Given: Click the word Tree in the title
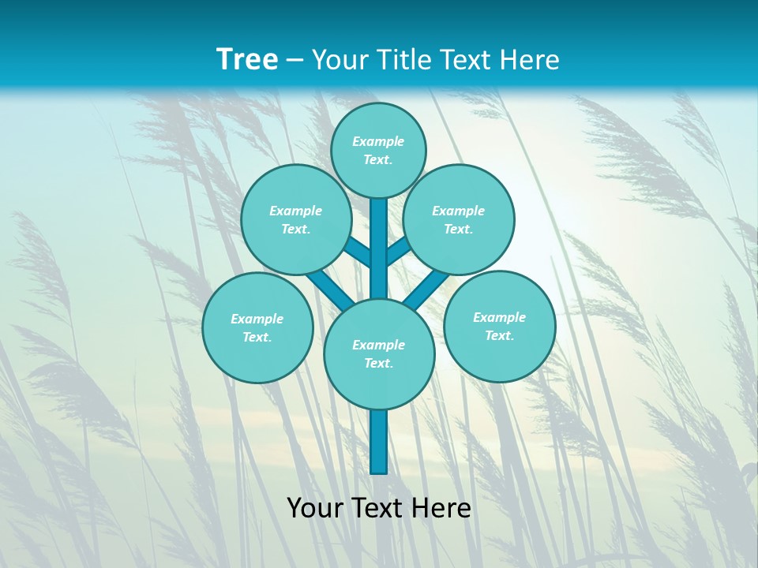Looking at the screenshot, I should (x=247, y=60).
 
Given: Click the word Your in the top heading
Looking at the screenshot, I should (x=338, y=60).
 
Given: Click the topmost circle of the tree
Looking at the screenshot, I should (x=378, y=150).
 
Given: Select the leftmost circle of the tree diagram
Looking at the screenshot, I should (x=257, y=327).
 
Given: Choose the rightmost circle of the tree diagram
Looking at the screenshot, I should (x=499, y=327).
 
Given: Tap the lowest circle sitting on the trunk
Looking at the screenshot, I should (x=379, y=354).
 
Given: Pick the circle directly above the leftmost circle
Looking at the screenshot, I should (x=296, y=219).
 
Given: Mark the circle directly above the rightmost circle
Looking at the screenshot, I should (x=459, y=219).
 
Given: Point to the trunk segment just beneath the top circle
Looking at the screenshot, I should (x=379, y=237).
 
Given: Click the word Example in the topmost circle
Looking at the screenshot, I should (x=378, y=141).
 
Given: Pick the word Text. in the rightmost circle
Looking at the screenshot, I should (x=499, y=335).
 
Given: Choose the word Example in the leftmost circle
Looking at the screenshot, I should (x=257, y=319).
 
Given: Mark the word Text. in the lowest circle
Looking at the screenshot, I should (x=378, y=363).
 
